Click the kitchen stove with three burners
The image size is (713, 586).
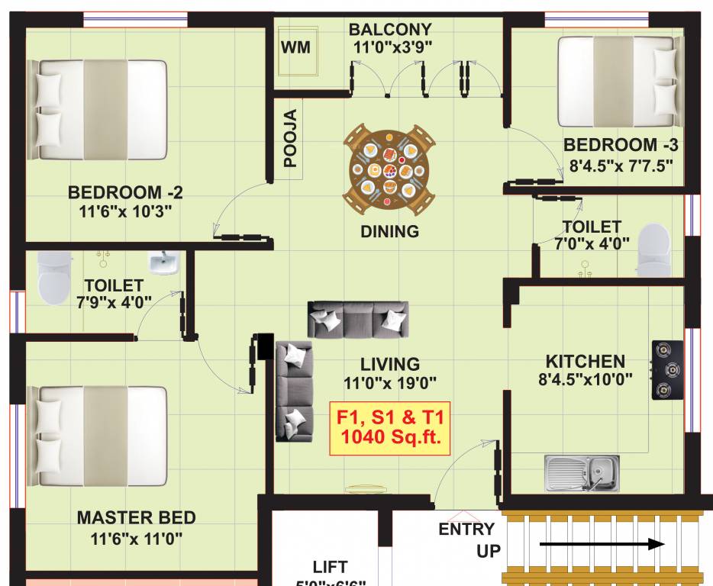(x=667, y=370)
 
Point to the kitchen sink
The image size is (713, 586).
(x=582, y=472)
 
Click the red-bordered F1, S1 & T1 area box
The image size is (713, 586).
(x=389, y=428)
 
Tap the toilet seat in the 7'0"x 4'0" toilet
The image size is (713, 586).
(x=653, y=249)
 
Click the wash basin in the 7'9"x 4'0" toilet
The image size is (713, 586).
(x=163, y=264)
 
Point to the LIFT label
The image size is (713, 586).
(x=330, y=567)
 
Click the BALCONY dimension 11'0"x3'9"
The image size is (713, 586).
(x=392, y=47)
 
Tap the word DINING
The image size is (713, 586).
(x=390, y=231)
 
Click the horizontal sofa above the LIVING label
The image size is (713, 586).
(x=358, y=319)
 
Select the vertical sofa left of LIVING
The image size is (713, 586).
(x=294, y=391)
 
